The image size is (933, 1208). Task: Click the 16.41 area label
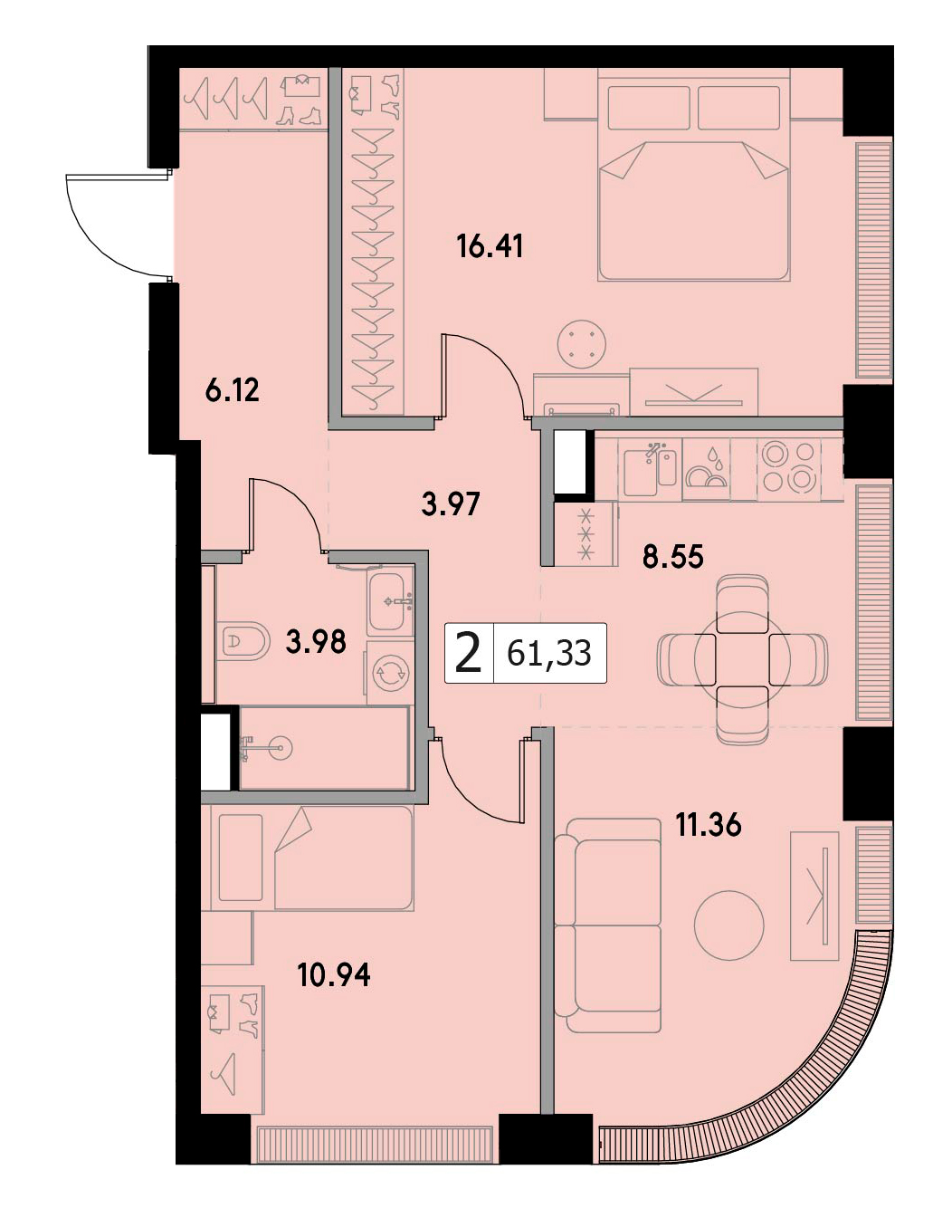[490, 246]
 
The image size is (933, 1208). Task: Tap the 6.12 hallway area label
[233, 391]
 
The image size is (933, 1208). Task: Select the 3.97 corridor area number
[450, 504]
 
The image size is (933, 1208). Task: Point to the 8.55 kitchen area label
[673, 557]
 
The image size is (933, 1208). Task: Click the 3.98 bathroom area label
[316, 641]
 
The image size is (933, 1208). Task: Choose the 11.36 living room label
[708, 826]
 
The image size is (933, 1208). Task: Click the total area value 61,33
[548, 654]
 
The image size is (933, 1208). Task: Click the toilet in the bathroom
[243, 641]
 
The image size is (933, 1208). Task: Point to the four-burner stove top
[788, 466]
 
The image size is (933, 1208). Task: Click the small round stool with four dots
[582, 343]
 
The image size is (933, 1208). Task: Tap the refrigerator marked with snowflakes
[586, 533]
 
